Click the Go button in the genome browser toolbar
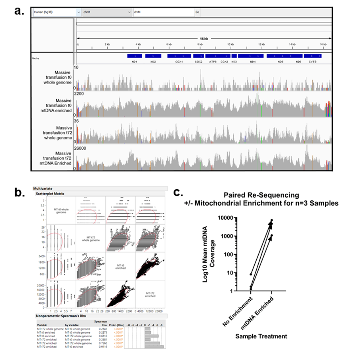(197, 12)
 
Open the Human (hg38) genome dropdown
(56, 12)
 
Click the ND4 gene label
(253, 62)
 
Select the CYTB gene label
(313, 62)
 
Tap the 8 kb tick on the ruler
(199, 44)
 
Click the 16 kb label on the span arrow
(204, 39)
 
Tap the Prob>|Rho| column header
(118, 325)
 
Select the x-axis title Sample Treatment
(261, 336)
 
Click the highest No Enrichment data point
(251, 274)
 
